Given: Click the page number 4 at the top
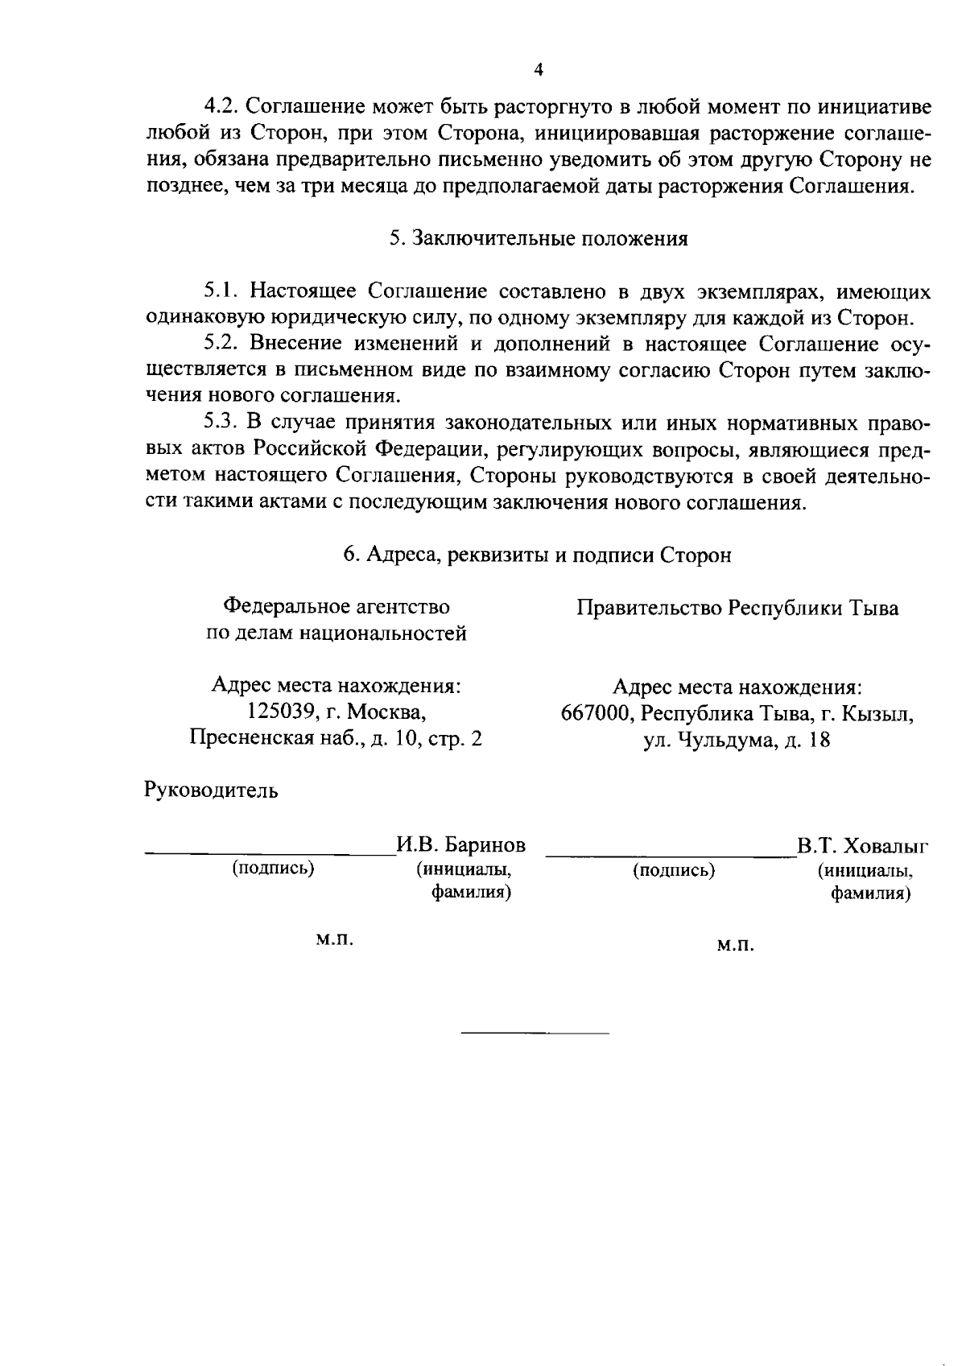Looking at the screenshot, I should [539, 70].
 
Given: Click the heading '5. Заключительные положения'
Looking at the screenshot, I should [539, 239].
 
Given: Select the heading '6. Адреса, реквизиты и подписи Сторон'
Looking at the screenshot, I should [538, 555].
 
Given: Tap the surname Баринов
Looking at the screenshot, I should [485, 845].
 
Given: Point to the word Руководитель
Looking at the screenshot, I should [212, 790].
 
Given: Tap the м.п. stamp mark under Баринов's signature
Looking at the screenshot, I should [335, 939].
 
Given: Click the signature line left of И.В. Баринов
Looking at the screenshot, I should [269, 852].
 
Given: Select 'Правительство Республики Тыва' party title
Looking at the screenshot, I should [737, 609].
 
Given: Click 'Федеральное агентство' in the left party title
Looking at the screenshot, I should [336, 606].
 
